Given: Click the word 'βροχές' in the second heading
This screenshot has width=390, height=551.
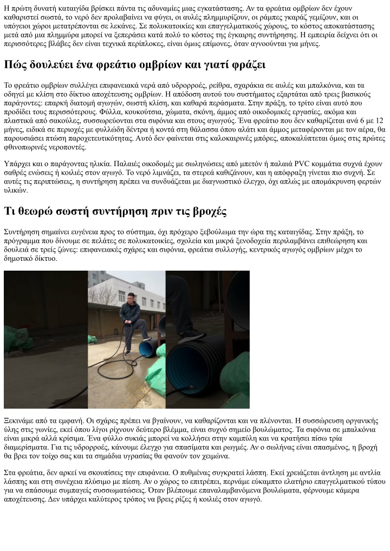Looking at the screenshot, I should [x=206, y=211].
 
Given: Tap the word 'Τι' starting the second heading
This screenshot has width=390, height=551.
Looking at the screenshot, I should [x=10, y=211].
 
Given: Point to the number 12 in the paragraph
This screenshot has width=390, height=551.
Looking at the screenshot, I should [x=379, y=121].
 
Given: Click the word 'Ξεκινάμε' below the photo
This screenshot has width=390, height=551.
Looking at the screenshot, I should [x=21, y=420].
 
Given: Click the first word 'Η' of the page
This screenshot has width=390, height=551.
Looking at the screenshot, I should [x=7, y=8].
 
